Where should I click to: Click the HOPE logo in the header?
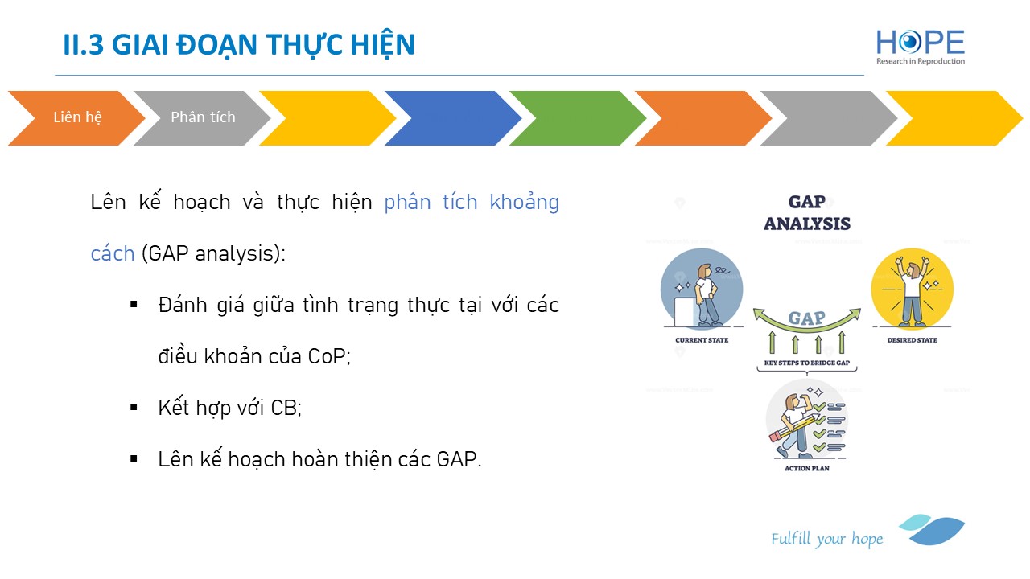[x=920, y=47]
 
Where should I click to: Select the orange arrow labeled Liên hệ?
[x=76, y=118]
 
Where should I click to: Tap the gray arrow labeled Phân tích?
[x=202, y=118]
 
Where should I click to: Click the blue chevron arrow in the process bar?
[x=453, y=118]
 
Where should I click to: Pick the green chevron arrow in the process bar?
[x=578, y=118]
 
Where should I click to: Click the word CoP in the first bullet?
[x=327, y=356]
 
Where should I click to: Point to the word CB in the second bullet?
[x=283, y=408]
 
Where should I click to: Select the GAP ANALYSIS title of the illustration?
[x=807, y=213]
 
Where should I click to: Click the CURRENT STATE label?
[x=702, y=340]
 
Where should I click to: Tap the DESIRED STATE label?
[x=913, y=340]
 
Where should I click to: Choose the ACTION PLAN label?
[x=807, y=468]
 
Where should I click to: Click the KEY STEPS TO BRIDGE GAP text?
[x=807, y=363]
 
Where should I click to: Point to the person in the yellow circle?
[x=912, y=294]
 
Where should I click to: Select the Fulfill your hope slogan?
[x=826, y=539]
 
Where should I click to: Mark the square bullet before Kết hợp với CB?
[x=134, y=407]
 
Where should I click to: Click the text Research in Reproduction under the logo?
[x=920, y=61]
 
